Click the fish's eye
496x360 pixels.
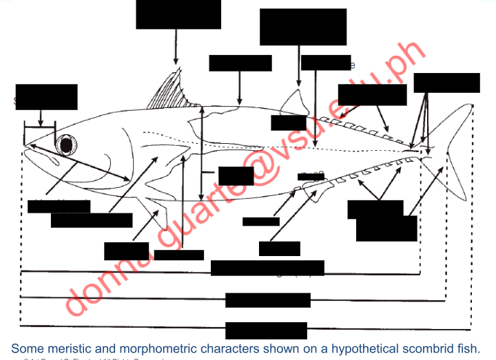(67, 145)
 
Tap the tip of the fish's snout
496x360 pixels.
(25, 146)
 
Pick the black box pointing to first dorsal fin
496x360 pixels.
(178, 14)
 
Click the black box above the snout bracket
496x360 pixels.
(46, 96)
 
